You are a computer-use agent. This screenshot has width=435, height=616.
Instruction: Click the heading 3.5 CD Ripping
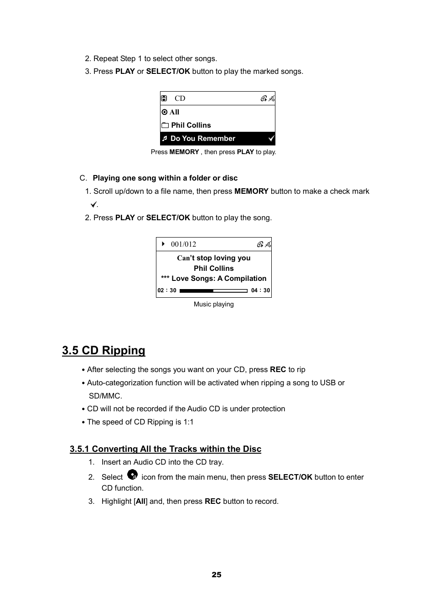(104, 350)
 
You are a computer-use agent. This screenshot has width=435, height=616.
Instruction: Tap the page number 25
(217, 575)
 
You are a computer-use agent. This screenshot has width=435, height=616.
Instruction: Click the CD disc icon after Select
(132, 475)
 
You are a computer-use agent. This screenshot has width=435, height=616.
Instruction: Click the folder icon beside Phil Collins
(165, 125)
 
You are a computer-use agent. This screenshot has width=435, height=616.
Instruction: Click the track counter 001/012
(183, 244)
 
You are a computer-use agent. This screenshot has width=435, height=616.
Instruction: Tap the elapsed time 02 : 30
(167, 290)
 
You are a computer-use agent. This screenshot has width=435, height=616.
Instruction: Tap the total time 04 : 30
(260, 290)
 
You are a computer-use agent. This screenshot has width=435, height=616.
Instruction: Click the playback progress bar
(213, 290)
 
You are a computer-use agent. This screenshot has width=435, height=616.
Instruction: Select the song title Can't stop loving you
(213, 258)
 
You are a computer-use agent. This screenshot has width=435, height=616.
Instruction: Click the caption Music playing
(213, 304)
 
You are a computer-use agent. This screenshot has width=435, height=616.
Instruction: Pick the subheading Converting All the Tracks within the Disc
(166, 449)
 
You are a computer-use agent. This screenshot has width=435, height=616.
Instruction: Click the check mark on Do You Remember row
(271, 139)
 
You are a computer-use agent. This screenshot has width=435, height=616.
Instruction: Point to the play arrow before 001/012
(163, 244)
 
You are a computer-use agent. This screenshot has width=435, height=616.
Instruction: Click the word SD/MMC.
(105, 396)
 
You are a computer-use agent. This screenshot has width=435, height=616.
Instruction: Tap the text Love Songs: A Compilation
(219, 279)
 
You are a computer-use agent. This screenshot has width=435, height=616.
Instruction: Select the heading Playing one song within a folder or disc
(165, 178)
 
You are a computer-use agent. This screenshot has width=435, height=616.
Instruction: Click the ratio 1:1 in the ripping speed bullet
(188, 422)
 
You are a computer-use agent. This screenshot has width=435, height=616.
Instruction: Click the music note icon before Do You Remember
(165, 139)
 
